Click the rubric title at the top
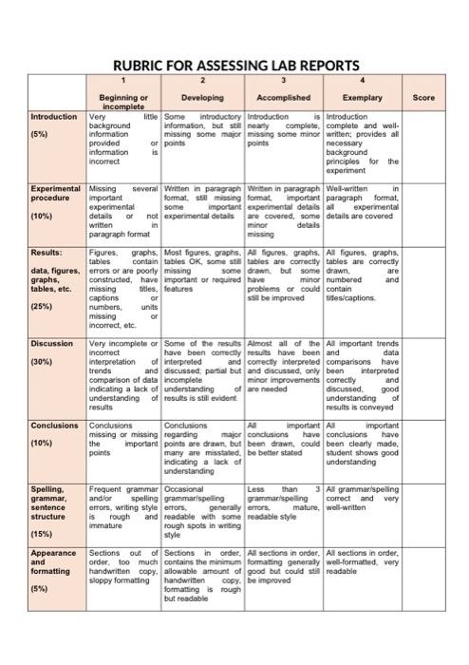coord(235,66)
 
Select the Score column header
coord(423,97)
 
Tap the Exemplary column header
coord(362,97)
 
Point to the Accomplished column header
coord(284,97)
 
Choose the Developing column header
coord(202,97)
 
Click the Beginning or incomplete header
coord(123,102)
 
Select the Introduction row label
coord(54,117)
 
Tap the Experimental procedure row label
coord(55,194)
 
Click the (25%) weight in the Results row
coord(42,307)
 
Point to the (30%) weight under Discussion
coord(42,362)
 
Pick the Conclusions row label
coord(55,426)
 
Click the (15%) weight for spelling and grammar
coord(42,534)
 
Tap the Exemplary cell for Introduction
coord(362,144)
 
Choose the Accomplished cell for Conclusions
coord(284,440)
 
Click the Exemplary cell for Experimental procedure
coord(362,204)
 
